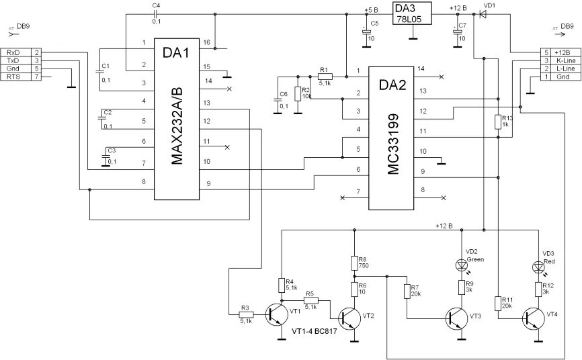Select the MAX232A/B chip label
(x=177, y=128)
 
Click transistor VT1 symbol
(x=277, y=314)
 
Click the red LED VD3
(x=538, y=267)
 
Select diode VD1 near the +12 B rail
(x=482, y=14)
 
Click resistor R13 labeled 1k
(x=497, y=122)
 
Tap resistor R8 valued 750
(x=353, y=263)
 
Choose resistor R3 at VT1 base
(x=247, y=314)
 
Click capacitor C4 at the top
(x=155, y=13)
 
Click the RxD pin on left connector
(x=13, y=52)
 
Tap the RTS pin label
(x=13, y=77)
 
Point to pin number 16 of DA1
(x=207, y=42)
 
